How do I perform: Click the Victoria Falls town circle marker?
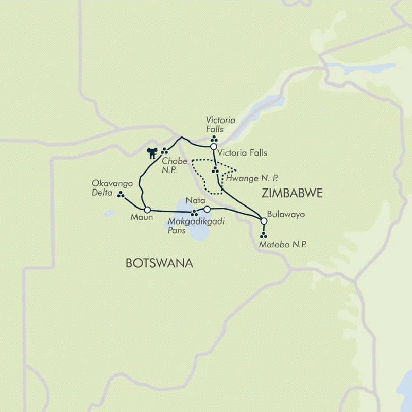[x=213, y=147]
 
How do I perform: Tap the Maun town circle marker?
[x=147, y=210]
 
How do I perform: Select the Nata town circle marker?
[x=207, y=209]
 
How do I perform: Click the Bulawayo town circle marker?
[x=264, y=221]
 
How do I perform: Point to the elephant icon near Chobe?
[x=152, y=152]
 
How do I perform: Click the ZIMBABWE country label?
[x=292, y=193]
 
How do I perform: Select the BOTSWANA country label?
[x=159, y=263]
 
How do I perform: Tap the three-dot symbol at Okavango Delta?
[x=121, y=195]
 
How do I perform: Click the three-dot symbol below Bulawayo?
[x=264, y=236]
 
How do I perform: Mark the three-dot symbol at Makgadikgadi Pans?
[x=194, y=213]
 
